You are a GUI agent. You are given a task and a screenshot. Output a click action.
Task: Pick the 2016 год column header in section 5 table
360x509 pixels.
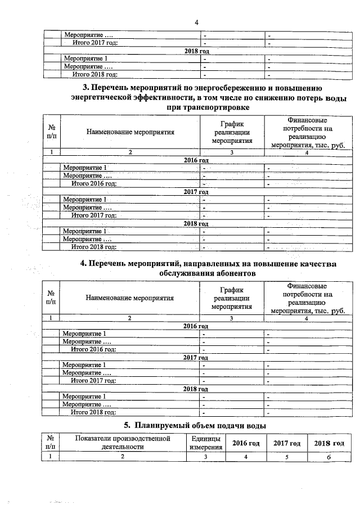pyautogui.click(x=246, y=443)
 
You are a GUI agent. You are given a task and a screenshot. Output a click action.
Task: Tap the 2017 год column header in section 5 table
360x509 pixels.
pyautogui.click(x=287, y=443)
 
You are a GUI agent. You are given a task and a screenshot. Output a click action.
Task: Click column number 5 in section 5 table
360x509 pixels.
pyautogui.click(x=287, y=457)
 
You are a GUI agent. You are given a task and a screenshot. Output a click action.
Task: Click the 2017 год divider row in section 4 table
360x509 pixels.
pyautogui.click(x=196, y=358)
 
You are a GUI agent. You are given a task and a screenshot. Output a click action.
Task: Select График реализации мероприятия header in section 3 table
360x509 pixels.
pyautogui.click(x=231, y=133)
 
